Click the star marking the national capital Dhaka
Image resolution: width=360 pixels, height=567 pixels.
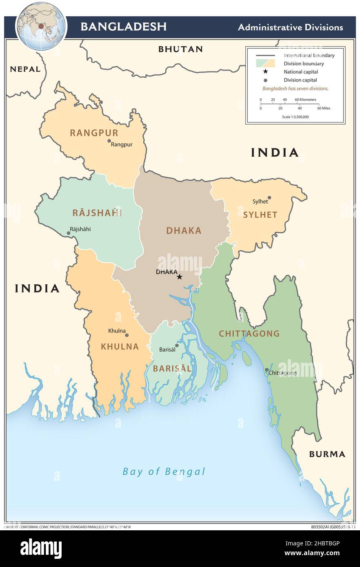pyautogui.click(x=179, y=277)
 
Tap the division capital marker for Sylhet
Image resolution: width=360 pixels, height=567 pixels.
pyautogui.click(x=269, y=198)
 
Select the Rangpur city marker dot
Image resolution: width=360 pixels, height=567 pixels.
pyautogui.click(x=109, y=141)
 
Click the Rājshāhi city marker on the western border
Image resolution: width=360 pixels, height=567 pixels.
pyautogui.click(x=69, y=233)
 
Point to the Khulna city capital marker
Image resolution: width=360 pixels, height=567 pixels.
pyautogui.click(x=127, y=335)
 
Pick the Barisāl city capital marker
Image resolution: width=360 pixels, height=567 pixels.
pyautogui.click(x=177, y=346)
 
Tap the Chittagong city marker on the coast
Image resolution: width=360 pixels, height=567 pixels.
pyautogui.click(x=267, y=370)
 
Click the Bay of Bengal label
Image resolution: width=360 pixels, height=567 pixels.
pyautogui.click(x=164, y=472)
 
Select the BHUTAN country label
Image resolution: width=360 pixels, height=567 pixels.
pyautogui.click(x=180, y=49)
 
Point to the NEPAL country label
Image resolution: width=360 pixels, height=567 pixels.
pyautogui.click(x=25, y=69)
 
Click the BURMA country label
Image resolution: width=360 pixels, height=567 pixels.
pyautogui.click(x=327, y=454)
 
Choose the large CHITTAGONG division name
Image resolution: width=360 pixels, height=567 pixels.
pyautogui.click(x=249, y=334)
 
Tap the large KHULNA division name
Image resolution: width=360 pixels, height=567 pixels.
pyautogui.click(x=120, y=347)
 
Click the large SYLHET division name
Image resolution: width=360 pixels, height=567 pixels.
pyautogui.click(x=260, y=215)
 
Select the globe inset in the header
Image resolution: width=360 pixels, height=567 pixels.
pyautogui.click(x=41, y=26)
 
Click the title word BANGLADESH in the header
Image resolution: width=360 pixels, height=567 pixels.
pyautogui.click(x=123, y=27)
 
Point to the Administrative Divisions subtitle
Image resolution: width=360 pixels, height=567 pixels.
pyautogui.click(x=290, y=27)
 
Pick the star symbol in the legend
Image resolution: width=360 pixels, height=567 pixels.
pyautogui.click(x=265, y=72)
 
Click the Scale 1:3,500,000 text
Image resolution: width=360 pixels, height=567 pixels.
pyautogui.click(x=295, y=117)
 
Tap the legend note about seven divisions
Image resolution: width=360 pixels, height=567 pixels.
pyautogui.click(x=295, y=88)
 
